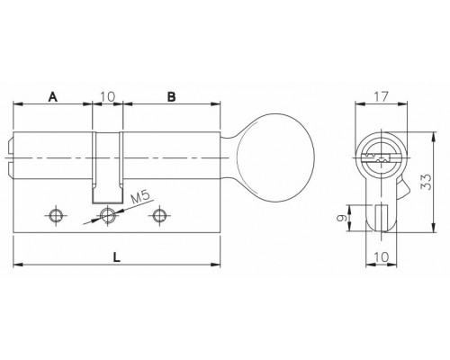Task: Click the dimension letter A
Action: pyautogui.click(x=53, y=97)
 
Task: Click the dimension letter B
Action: pyautogui.click(x=171, y=97)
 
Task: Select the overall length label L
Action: pyautogui.click(x=117, y=257)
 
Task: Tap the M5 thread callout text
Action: pyautogui.click(x=140, y=197)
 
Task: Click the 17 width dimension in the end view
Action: pyautogui.click(x=381, y=96)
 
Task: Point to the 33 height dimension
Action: pyautogui.click(x=426, y=182)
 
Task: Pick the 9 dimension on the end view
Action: pyautogui.click(x=342, y=218)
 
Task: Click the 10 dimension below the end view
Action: pyautogui.click(x=382, y=257)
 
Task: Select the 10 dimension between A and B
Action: pyautogui.click(x=108, y=96)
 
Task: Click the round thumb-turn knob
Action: pyautogui.click(x=275, y=157)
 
